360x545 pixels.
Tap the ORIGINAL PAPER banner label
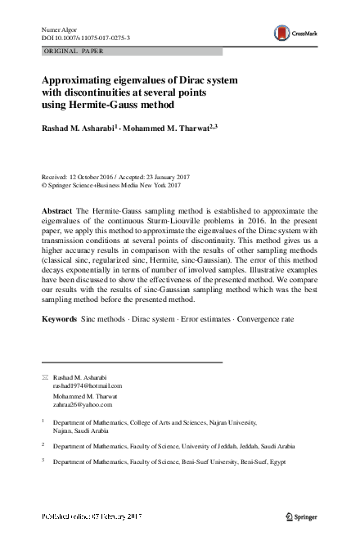[x=74, y=51]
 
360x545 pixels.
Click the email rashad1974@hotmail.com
[x=88, y=385]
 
